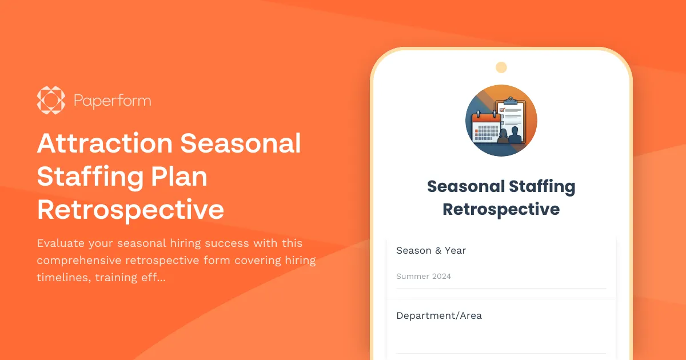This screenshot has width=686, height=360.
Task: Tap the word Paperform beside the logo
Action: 112,101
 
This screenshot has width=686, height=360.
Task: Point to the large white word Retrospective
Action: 130,210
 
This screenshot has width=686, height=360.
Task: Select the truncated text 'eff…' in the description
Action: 153,278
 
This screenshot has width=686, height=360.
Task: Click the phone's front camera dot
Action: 501,67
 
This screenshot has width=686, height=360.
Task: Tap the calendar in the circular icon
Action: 485,127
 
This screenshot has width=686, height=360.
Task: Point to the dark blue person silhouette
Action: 516,135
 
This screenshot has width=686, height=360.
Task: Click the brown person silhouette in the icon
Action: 503,137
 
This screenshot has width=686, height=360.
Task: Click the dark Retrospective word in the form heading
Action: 501,209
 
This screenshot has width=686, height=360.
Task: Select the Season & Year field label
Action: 431,250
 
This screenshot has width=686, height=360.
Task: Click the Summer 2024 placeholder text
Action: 424,277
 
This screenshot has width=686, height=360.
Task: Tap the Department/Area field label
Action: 439,315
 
